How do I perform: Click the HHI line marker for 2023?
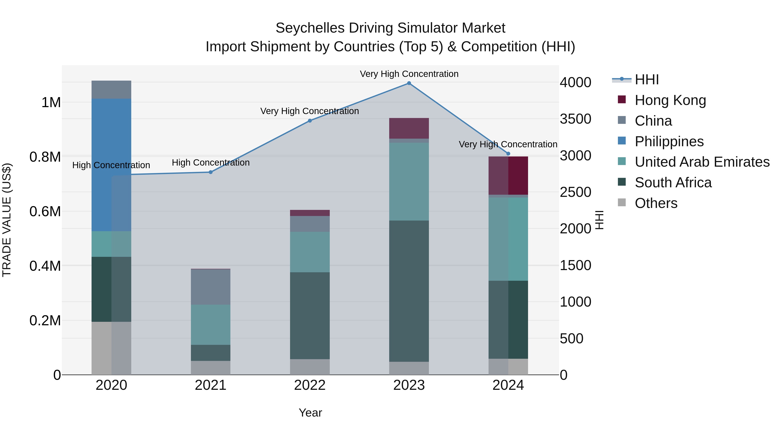coord(409,83)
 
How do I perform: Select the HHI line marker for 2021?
coord(210,172)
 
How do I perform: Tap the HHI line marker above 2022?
coord(310,121)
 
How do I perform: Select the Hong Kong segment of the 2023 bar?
coord(409,128)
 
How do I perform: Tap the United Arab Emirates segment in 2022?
coord(310,252)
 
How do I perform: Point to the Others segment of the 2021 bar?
coord(210,367)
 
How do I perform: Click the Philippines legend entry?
coord(669,141)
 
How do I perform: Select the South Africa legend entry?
coord(673,183)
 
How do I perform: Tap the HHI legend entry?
coord(646,80)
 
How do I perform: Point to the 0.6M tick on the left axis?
coord(45,212)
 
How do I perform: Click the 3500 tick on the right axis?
coord(575,119)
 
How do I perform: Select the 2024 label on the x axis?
coord(508,385)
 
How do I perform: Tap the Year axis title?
coord(310,413)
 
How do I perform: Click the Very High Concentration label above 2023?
coord(409,74)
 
